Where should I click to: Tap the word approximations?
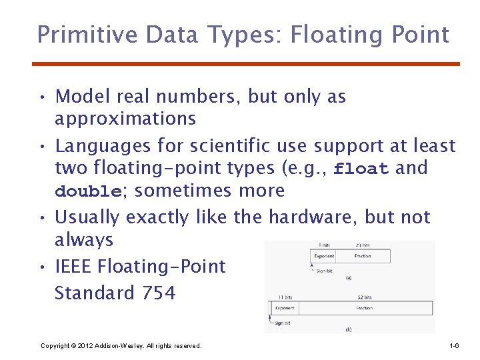(x=125, y=119)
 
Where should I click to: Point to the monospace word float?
(x=361, y=169)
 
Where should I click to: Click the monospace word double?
(x=87, y=191)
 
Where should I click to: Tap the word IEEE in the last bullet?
(x=73, y=267)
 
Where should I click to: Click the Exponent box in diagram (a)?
(x=324, y=256)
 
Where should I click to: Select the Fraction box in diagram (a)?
(x=363, y=256)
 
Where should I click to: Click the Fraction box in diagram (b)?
(x=365, y=308)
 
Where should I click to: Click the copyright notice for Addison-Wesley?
(x=121, y=346)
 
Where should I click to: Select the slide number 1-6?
(x=454, y=346)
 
